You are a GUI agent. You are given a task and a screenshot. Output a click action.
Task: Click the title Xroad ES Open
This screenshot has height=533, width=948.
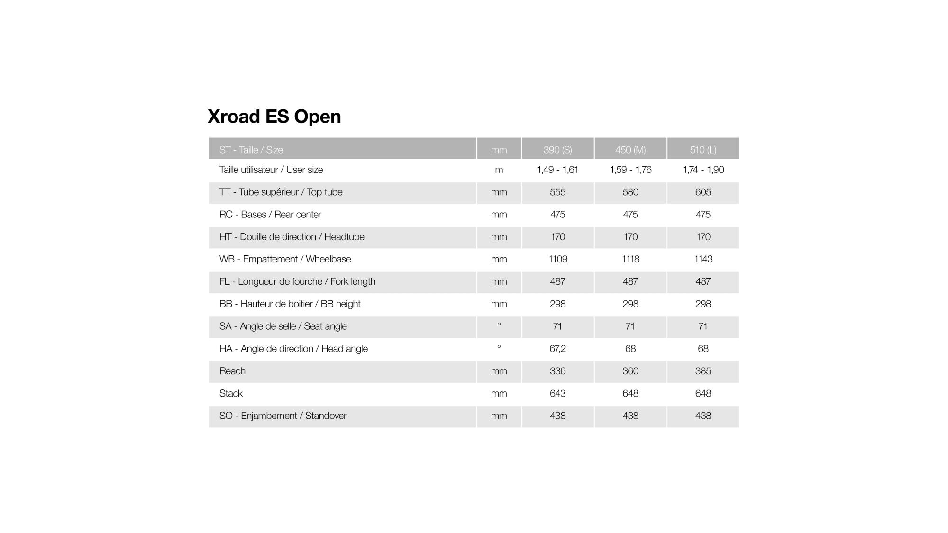tap(274, 117)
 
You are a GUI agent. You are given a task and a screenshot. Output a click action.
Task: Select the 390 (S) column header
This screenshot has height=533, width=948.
tap(557, 150)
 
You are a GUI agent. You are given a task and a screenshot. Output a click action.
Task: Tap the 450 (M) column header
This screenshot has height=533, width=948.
tap(630, 150)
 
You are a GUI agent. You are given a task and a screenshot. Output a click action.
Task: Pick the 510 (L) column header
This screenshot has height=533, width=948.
tap(703, 150)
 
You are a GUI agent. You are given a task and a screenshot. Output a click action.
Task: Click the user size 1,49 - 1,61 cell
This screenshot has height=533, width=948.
tap(557, 170)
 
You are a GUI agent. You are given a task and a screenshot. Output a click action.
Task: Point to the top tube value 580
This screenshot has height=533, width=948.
tap(630, 192)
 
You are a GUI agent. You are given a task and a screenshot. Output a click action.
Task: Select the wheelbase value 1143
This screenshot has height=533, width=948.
tap(703, 259)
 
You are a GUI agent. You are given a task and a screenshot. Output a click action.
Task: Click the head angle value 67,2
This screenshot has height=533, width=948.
tap(557, 349)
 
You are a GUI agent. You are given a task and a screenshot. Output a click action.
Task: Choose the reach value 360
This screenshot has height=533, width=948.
tap(630, 371)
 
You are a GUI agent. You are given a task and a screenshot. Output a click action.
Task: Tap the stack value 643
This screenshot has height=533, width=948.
tap(557, 393)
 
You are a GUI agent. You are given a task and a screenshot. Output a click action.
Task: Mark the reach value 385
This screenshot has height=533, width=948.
tap(703, 371)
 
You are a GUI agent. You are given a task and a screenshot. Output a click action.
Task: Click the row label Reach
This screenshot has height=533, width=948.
tap(232, 371)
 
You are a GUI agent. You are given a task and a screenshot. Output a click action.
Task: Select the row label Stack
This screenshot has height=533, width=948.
tap(231, 393)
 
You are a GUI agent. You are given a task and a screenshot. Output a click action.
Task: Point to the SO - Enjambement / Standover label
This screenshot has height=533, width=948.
tap(283, 416)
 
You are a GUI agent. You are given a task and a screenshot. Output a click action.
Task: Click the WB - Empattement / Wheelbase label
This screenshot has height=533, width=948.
tap(285, 259)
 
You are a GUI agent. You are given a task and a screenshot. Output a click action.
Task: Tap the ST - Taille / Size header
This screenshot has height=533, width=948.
tap(251, 150)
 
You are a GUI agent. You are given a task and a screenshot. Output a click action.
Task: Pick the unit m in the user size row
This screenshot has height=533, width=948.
tap(499, 170)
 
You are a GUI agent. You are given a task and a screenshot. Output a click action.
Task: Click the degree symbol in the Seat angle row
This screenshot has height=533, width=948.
tap(499, 325)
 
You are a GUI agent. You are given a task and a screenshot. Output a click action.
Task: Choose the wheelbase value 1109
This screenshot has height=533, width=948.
tap(557, 259)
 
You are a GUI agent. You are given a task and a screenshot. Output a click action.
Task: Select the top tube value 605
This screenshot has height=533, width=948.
tap(703, 192)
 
